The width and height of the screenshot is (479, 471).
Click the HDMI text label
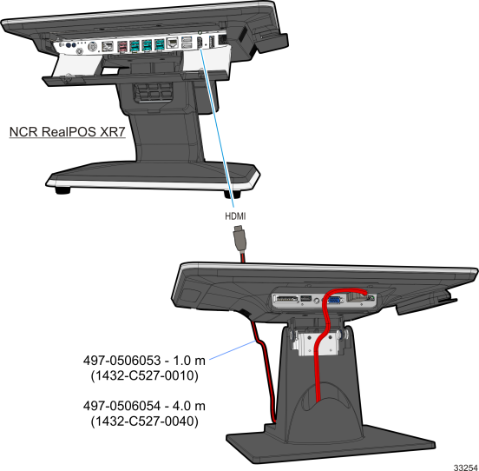click(x=235, y=216)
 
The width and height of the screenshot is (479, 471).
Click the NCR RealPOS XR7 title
click(x=67, y=132)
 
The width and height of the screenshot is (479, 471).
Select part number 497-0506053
click(x=121, y=361)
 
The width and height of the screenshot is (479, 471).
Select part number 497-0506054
click(x=121, y=406)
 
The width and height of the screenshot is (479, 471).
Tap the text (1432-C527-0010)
click(x=145, y=375)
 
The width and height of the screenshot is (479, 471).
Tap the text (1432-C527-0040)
click(x=145, y=421)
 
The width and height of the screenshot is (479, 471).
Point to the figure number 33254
click(x=466, y=468)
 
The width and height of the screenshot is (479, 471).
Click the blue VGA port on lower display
click(x=334, y=300)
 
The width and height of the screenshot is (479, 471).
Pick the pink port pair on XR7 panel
click(x=123, y=46)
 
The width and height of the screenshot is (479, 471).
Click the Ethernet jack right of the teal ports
click(x=173, y=43)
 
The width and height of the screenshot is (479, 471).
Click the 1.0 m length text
click(x=189, y=361)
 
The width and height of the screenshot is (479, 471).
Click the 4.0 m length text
click(x=189, y=406)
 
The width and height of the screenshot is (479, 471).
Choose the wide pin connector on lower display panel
click(x=286, y=299)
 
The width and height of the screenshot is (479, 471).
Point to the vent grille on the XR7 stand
click(x=152, y=92)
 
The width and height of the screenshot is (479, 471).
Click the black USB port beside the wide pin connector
click(x=306, y=298)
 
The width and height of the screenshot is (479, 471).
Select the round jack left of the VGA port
click(x=317, y=301)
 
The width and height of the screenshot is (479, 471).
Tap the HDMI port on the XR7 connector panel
click(x=200, y=43)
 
